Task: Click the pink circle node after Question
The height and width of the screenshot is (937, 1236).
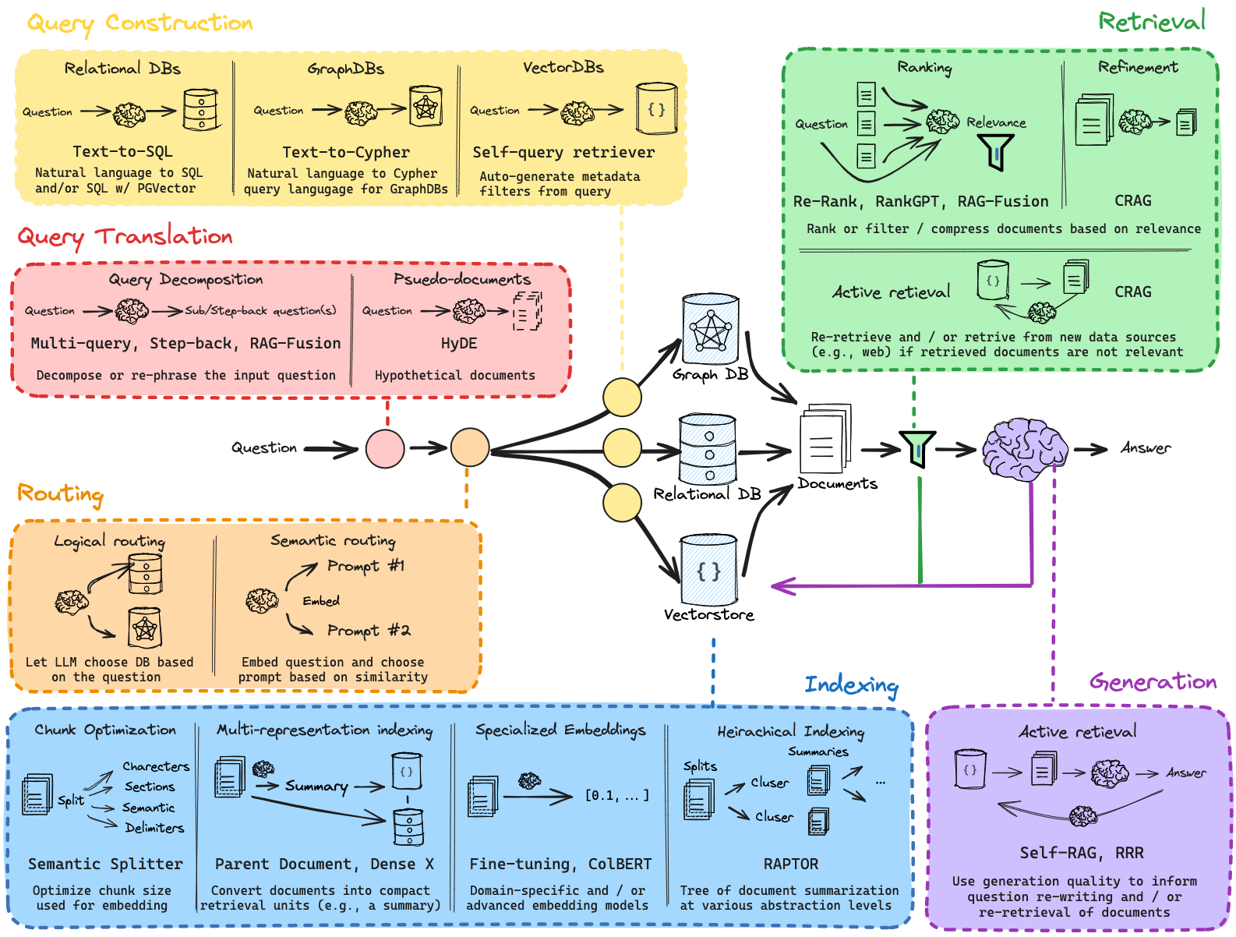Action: (385, 448)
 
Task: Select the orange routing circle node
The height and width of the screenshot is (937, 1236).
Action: (470, 447)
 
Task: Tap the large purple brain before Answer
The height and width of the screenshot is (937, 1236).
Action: (1024, 449)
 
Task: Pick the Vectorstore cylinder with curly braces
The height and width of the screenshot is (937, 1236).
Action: (708, 570)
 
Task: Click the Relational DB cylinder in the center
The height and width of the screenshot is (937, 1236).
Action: (708, 450)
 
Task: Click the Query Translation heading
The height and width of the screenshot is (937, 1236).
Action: (125, 236)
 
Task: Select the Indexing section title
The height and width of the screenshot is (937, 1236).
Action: (851, 685)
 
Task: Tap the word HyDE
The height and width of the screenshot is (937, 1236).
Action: (459, 344)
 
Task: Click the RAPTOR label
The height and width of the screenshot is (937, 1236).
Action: (790, 864)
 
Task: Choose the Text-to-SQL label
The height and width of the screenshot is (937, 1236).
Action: (122, 151)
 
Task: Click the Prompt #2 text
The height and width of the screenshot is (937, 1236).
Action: (368, 630)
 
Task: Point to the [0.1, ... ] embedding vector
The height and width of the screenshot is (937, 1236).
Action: (616, 796)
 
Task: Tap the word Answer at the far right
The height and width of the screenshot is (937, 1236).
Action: (1145, 448)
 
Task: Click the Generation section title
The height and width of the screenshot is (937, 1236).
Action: (1152, 682)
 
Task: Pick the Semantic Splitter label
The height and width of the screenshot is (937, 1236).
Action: (105, 864)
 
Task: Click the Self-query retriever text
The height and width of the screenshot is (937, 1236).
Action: (563, 152)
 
